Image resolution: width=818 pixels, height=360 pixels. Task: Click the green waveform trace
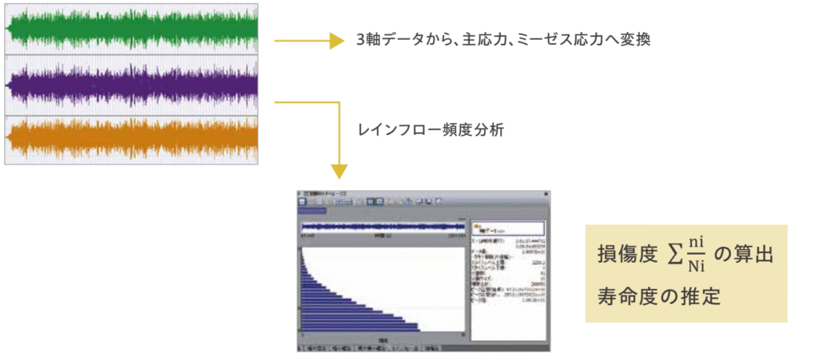point(132,30)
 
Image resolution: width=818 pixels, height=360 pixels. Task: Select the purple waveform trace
point(132,84)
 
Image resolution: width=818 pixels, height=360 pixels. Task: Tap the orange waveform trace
point(132,137)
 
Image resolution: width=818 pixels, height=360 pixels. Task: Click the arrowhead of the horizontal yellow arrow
point(336,40)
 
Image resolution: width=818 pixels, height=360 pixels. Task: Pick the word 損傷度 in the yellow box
point(627,255)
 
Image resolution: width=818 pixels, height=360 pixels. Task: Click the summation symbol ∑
point(673,255)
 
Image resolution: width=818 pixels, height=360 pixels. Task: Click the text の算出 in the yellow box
point(743,255)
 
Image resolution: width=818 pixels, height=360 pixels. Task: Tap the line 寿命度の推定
point(659,296)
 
